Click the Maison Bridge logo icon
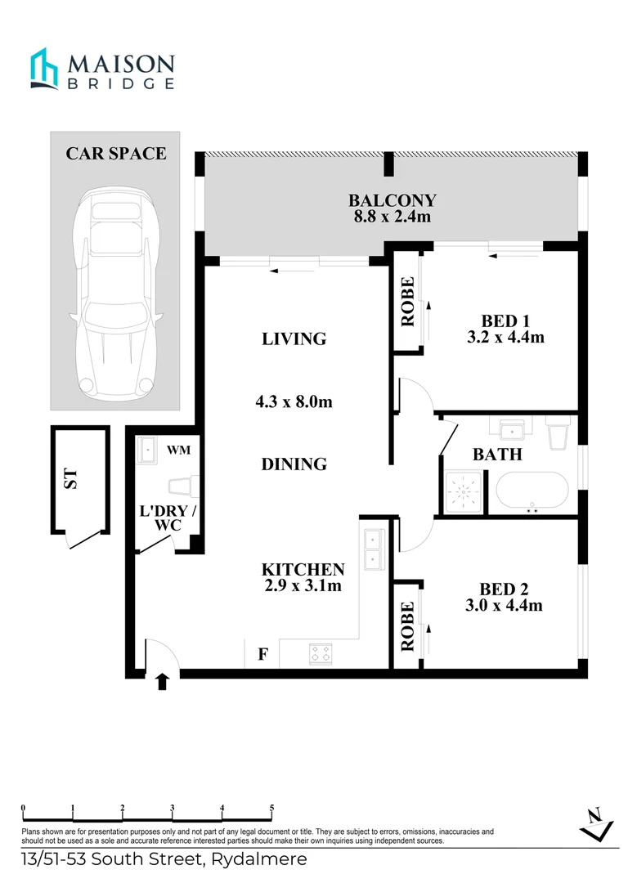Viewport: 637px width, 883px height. click(x=45, y=68)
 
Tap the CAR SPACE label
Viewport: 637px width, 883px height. click(x=116, y=153)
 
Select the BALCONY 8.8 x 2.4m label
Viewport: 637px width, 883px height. click(x=392, y=208)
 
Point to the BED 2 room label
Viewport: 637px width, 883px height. click(x=498, y=597)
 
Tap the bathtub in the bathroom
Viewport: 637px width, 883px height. click(x=531, y=493)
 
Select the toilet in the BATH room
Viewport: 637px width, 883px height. click(x=560, y=433)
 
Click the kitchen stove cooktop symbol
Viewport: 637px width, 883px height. click(x=321, y=653)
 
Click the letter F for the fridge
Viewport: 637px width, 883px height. click(x=262, y=654)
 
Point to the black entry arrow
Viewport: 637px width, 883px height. click(x=162, y=681)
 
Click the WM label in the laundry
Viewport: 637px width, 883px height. click(x=179, y=450)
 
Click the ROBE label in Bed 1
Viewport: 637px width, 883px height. click(x=407, y=303)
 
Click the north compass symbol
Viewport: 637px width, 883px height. click(x=597, y=822)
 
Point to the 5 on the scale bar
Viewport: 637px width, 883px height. click(x=271, y=808)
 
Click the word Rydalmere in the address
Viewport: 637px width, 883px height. click(x=259, y=859)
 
